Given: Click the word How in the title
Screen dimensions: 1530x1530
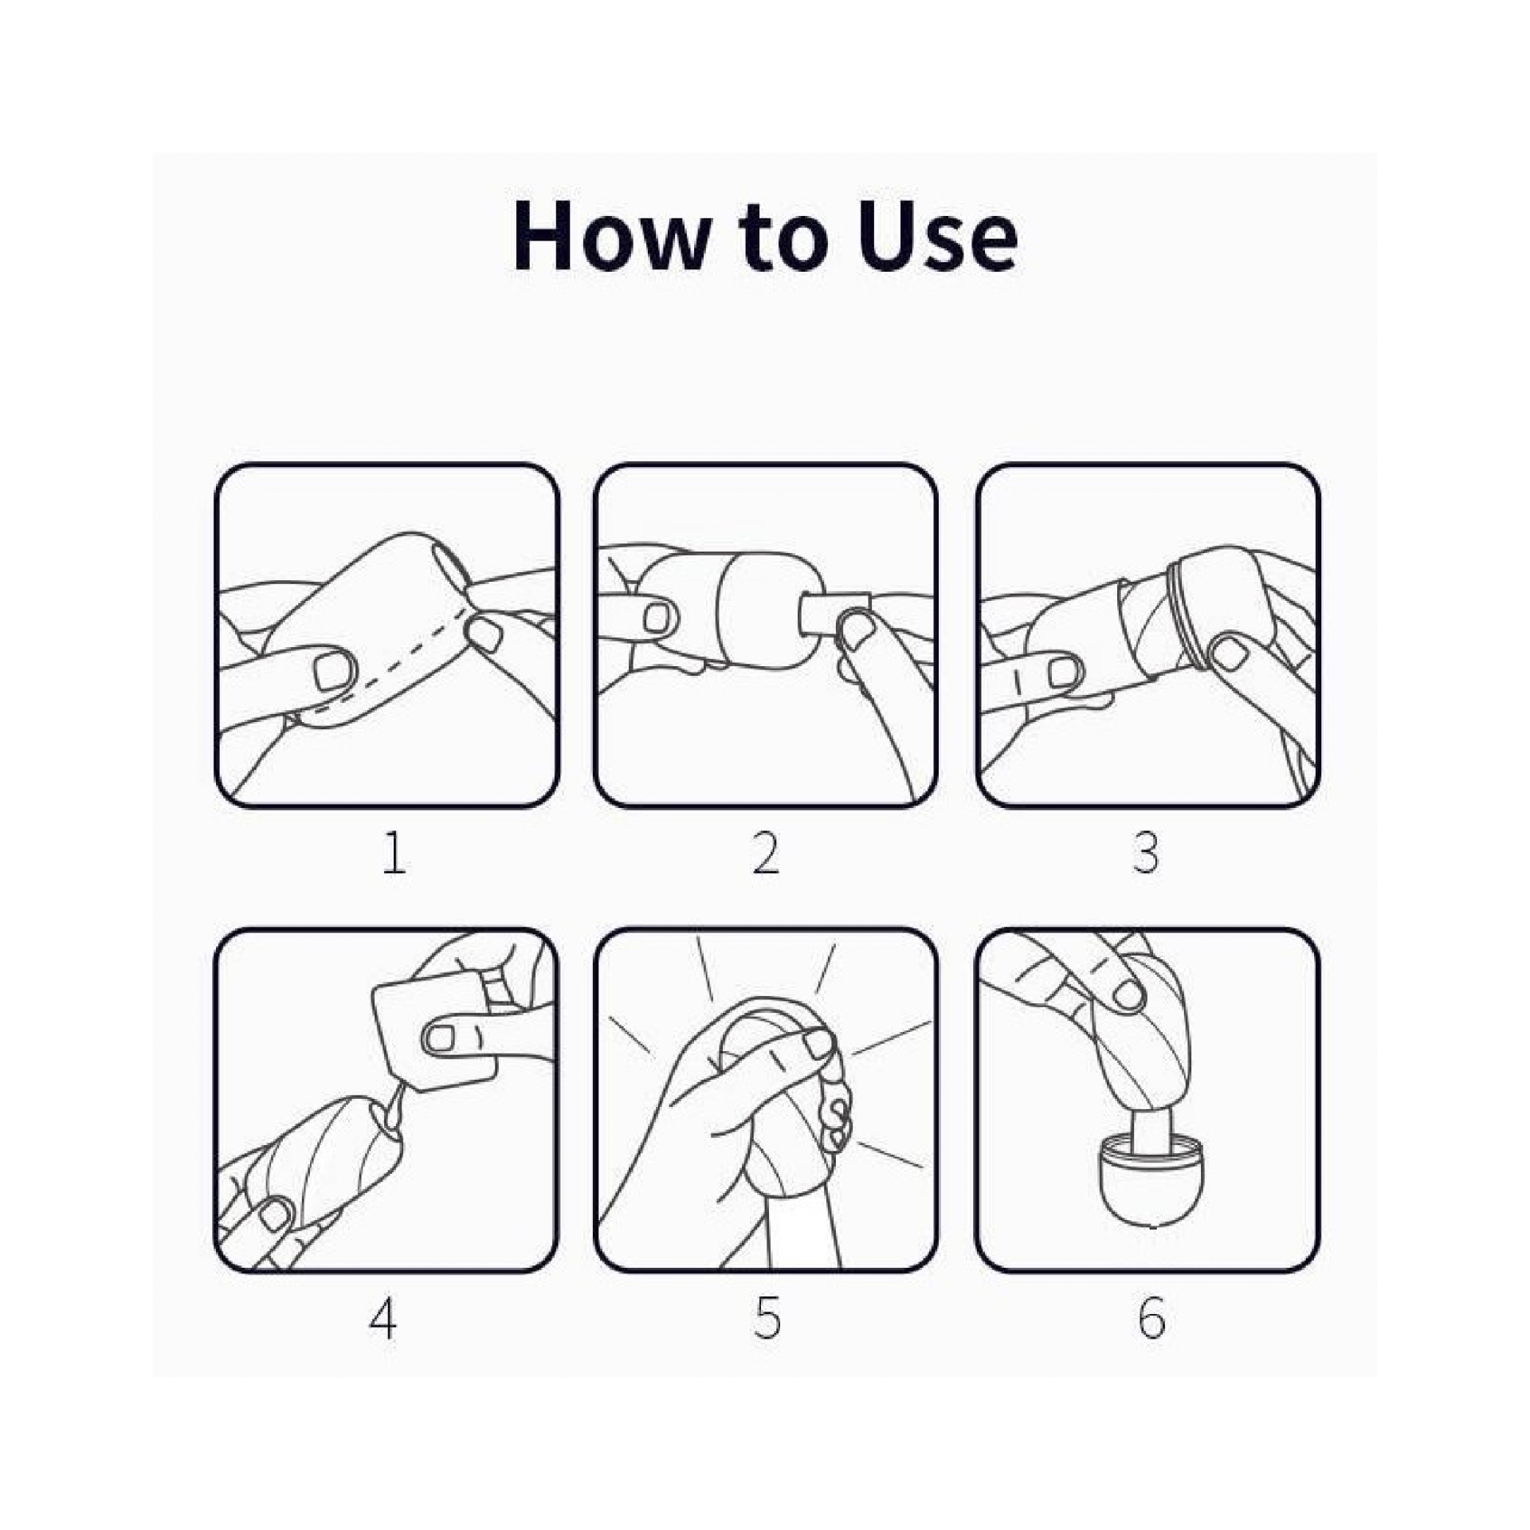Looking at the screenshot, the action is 610,237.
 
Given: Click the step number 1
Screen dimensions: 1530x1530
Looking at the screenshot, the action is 394,853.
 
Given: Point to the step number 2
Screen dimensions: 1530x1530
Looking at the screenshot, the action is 766,853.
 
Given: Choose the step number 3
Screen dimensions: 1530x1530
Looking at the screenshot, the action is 1145,853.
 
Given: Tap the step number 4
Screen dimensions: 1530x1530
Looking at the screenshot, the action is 383,1319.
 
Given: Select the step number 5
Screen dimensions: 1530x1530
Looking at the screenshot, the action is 767,1319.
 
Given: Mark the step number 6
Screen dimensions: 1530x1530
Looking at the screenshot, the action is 1151,1319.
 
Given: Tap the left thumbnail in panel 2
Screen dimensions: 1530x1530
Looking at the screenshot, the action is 658,616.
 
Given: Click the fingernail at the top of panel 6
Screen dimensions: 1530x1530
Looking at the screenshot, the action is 1127,993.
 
